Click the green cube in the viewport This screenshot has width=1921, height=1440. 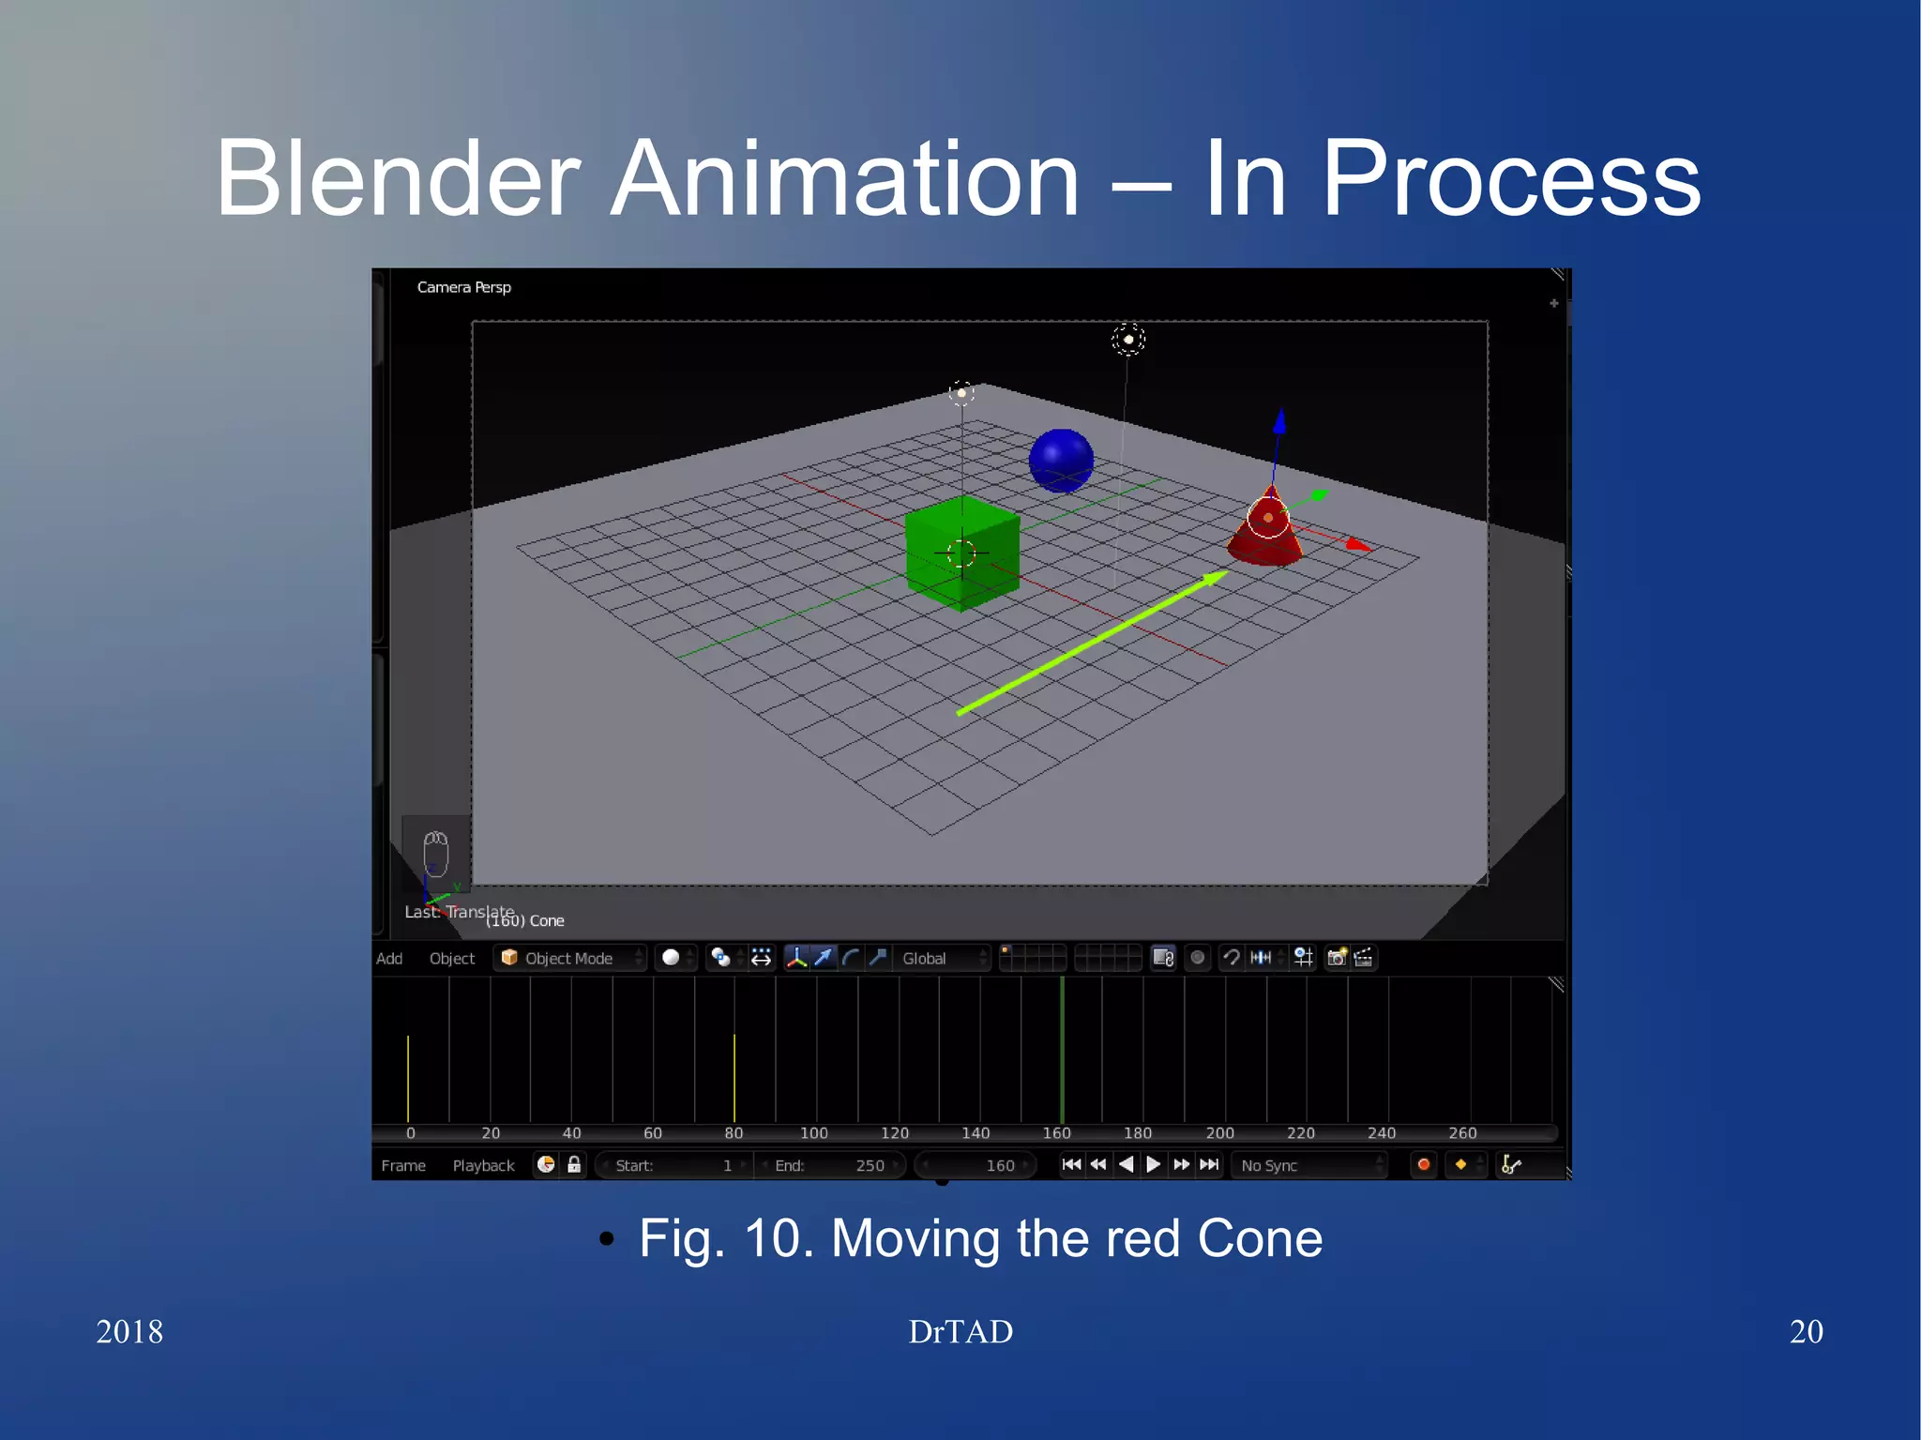pyautogui.click(x=961, y=553)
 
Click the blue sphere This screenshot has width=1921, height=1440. pyautogui.click(x=1061, y=460)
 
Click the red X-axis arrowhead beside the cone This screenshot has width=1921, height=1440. pyautogui.click(x=1356, y=544)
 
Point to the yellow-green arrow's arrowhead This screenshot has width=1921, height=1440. pyautogui.click(x=1216, y=578)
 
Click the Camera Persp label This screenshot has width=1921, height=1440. pyautogui.click(x=463, y=287)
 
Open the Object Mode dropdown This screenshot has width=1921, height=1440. pyautogui.click(x=569, y=958)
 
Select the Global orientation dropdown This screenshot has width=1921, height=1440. pyautogui.click(x=942, y=958)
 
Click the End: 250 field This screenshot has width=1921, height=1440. pyautogui.click(x=830, y=1165)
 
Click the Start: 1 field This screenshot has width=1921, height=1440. pyautogui.click(x=673, y=1165)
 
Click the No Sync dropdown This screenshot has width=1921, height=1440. pyautogui.click(x=1308, y=1165)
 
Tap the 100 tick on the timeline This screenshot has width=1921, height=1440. pyautogui.click(x=814, y=1133)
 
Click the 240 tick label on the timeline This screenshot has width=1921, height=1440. pyautogui.click(x=1381, y=1133)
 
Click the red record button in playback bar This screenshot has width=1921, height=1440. pyautogui.click(x=1423, y=1164)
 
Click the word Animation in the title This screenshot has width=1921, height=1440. pyautogui.click(x=844, y=178)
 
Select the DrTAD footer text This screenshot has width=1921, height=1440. pyautogui.click(x=960, y=1331)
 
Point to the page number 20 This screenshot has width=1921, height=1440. pyautogui.click(x=1806, y=1331)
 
